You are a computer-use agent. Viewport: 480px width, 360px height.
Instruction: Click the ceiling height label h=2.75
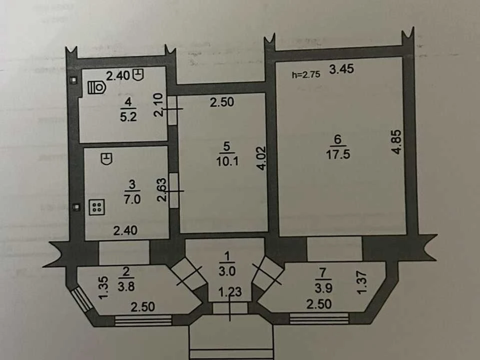(x=306, y=74)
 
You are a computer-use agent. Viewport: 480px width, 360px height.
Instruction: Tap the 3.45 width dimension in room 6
(x=341, y=69)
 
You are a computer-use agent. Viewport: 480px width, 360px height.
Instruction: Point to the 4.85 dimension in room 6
(x=396, y=142)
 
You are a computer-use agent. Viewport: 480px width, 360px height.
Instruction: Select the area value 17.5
(x=338, y=154)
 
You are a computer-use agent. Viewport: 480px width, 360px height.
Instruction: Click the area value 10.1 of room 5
(x=227, y=161)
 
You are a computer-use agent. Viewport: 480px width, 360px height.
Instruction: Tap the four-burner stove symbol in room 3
(x=97, y=207)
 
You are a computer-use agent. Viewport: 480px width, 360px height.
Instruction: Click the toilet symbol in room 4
(x=96, y=87)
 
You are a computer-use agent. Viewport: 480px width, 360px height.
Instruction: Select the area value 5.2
(x=128, y=117)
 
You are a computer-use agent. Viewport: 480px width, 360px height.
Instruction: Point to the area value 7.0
(x=132, y=199)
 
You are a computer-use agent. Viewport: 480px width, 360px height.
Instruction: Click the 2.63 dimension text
(x=161, y=189)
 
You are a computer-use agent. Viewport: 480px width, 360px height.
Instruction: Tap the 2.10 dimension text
(x=158, y=104)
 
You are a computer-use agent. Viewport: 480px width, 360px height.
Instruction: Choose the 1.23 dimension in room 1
(x=230, y=291)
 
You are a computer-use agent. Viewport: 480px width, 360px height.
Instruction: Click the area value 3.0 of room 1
(x=227, y=271)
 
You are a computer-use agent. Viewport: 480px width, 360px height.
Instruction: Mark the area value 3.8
(x=126, y=286)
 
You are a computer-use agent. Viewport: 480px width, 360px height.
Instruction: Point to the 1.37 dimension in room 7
(x=361, y=282)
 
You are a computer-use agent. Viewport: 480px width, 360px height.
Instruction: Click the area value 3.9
(x=323, y=288)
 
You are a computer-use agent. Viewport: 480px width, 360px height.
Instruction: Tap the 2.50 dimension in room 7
(x=319, y=304)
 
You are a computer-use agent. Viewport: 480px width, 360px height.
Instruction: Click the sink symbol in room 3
(x=106, y=158)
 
